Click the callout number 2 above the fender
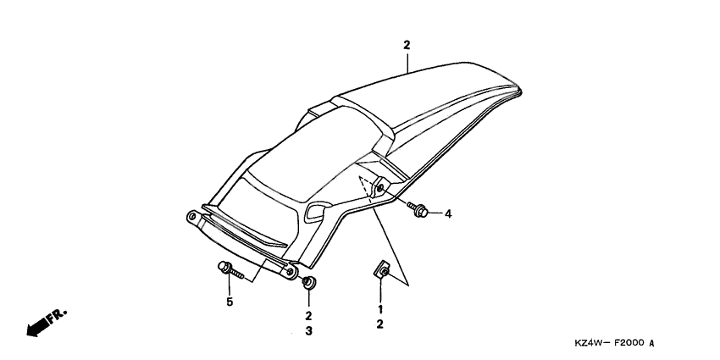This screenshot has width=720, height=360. (407, 44)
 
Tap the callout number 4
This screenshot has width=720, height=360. (448, 213)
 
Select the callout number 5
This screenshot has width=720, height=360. (229, 302)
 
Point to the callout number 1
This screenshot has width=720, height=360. (380, 309)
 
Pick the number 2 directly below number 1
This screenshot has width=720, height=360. (380, 324)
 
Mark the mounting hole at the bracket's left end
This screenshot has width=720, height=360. (192, 219)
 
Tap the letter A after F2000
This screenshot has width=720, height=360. (652, 344)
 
